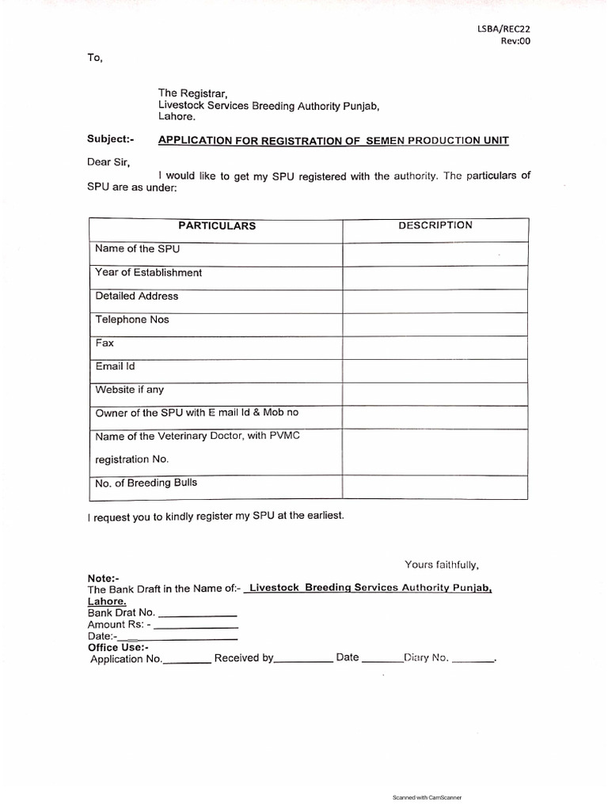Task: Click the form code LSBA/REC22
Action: tap(503, 29)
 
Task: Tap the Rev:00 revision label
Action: tap(515, 42)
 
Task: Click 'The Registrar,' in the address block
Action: tap(193, 93)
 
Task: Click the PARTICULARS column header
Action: tap(216, 225)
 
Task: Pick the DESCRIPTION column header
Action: tap(435, 225)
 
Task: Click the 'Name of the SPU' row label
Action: tap(132, 249)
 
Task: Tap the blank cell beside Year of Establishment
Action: tap(435, 277)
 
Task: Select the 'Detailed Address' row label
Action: tap(136, 296)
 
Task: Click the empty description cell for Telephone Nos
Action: tap(435, 324)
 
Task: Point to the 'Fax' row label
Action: tap(104, 343)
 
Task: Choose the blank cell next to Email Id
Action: tap(435, 370)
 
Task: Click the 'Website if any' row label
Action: tap(130, 390)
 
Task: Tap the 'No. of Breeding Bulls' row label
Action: tap(146, 483)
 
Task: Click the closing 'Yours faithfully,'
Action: tap(442, 565)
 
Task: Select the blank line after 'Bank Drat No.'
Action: tap(198, 615)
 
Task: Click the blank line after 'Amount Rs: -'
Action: tap(198, 626)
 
